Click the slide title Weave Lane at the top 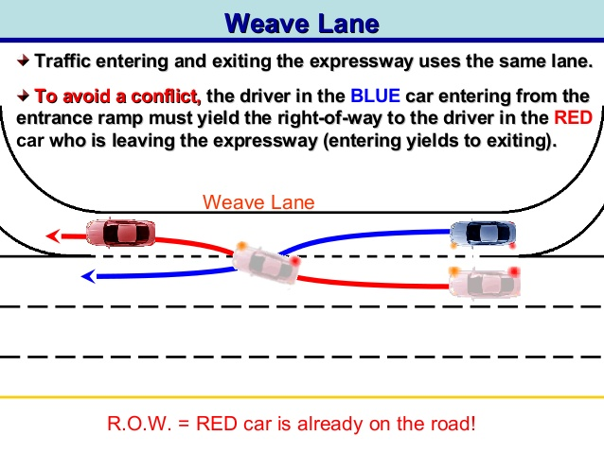coord(301,23)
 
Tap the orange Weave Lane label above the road coord(258,201)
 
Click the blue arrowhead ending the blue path coord(88,276)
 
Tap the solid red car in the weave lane coord(119,231)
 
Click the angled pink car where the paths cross coord(265,266)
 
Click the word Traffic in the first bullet coord(67,62)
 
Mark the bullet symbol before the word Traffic coord(23,62)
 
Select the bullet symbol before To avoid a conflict coord(23,96)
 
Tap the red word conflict coord(168,96)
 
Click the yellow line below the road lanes coord(301,397)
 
